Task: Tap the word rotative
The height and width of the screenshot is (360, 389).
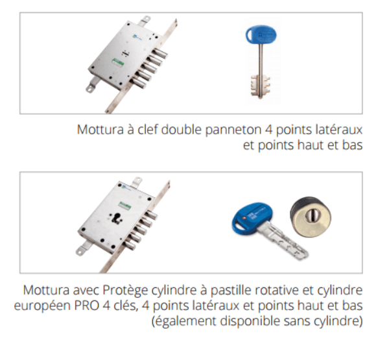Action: tap(268, 289)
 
